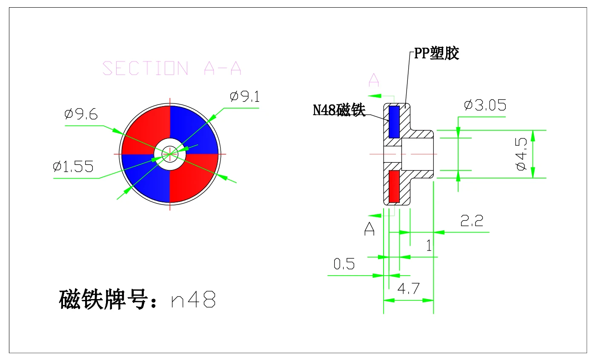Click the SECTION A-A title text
[x=172, y=68]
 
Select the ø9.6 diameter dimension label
[x=81, y=114]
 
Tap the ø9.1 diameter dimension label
[x=244, y=96]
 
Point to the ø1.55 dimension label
[x=73, y=167]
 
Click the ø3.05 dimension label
[x=485, y=105]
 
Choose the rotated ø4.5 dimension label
[x=521, y=154]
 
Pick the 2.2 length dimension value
[x=472, y=221]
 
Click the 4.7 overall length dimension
[x=408, y=288]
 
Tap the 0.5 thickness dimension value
[x=344, y=264]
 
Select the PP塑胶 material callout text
[x=437, y=53]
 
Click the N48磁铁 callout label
[x=339, y=110]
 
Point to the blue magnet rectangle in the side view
[x=394, y=122]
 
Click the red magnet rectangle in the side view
[x=394, y=187]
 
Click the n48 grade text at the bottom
[x=193, y=299]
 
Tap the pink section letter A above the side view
[x=374, y=80]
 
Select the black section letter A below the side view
[x=370, y=229]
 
